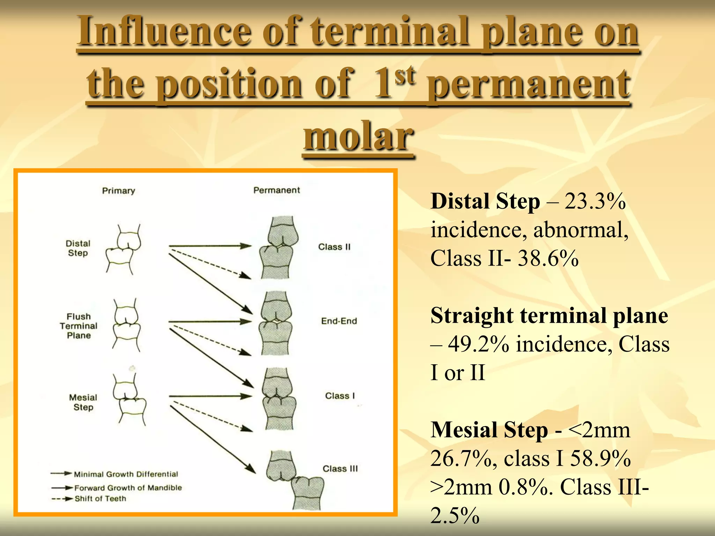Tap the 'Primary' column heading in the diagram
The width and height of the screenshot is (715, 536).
(118, 191)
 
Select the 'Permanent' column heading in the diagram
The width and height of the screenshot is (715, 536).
(277, 190)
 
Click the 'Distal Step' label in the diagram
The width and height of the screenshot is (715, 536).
(78, 248)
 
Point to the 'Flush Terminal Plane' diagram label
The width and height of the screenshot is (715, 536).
(79, 326)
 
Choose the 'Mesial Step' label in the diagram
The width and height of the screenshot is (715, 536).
(83, 402)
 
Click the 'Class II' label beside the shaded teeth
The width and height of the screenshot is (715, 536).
(334, 247)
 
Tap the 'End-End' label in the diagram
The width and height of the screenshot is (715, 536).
(339, 321)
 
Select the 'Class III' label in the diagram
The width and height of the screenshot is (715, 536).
(340, 469)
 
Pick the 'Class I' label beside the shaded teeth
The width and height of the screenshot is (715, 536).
(340, 396)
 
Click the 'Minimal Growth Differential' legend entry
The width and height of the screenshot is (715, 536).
(126, 474)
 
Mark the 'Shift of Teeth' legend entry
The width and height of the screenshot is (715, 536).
(100, 499)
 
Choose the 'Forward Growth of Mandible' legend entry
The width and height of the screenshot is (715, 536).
(128, 488)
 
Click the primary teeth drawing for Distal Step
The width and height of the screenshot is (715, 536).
(123, 248)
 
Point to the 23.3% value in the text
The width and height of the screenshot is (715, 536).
(595, 201)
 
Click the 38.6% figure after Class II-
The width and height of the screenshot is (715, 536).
(548, 259)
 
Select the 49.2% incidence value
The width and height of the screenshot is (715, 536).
(478, 344)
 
